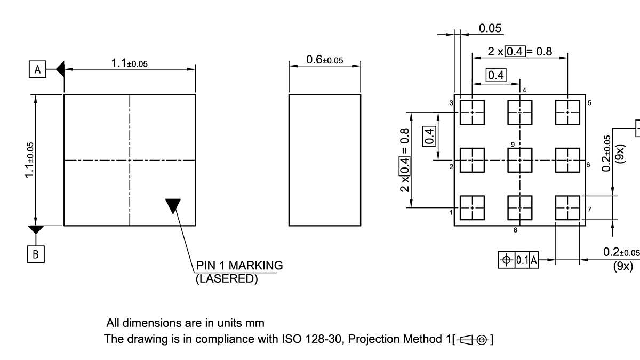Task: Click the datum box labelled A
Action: [x=37, y=69]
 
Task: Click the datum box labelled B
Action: [x=36, y=254]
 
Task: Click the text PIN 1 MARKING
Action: [x=239, y=265]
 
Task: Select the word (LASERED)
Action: [x=227, y=278]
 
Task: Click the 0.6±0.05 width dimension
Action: [x=324, y=60]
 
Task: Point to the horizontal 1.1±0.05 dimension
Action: [x=129, y=63]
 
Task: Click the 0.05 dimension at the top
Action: [x=490, y=28]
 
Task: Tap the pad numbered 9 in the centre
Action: [x=519, y=160]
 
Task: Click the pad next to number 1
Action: [x=472, y=208]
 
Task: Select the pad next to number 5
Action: [x=567, y=112]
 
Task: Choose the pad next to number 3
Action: [x=472, y=112]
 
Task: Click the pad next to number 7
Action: [x=567, y=208]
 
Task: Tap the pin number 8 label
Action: [x=515, y=230]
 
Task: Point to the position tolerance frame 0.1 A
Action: [x=518, y=260]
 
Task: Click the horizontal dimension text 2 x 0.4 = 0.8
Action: [x=519, y=51]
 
